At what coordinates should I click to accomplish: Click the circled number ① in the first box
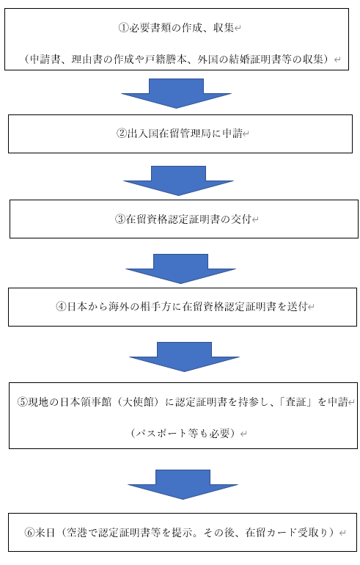(x=123, y=28)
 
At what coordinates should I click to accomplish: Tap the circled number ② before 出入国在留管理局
(x=121, y=134)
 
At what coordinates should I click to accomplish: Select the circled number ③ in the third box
(x=120, y=219)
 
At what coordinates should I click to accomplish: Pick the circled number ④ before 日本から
(x=61, y=307)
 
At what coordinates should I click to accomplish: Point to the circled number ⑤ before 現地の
(x=22, y=402)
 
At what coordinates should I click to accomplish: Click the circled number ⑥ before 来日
(x=29, y=532)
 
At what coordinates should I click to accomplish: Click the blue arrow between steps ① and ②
(x=177, y=93)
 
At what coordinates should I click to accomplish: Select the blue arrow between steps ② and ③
(x=179, y=181)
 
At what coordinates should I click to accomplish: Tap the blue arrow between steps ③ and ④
(x=180, y=269)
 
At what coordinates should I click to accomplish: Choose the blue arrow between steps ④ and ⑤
(x=184, y=357)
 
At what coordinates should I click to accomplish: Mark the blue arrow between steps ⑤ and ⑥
(x=183, y=484)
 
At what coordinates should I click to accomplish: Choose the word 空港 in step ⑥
(x=76, y=532)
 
